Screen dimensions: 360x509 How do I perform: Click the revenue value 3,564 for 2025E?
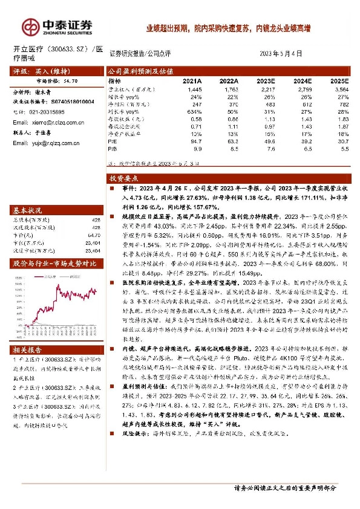[341, 88]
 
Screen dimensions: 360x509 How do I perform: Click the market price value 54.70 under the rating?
[70, 79]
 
